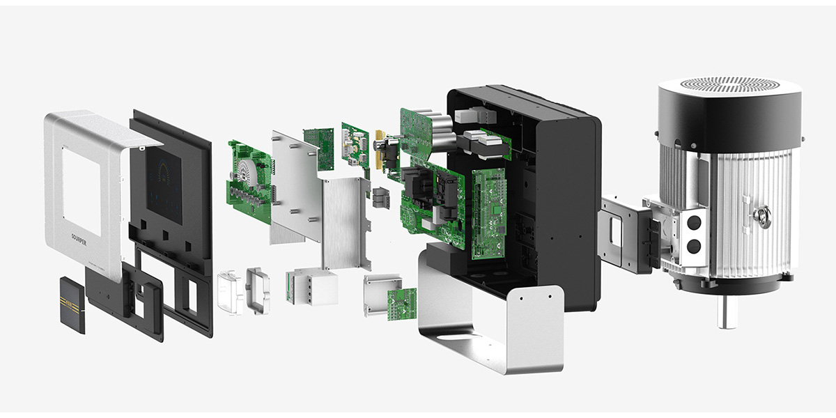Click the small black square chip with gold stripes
point(72,304)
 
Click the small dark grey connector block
point(381,197)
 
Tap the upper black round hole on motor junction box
point(694,222)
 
